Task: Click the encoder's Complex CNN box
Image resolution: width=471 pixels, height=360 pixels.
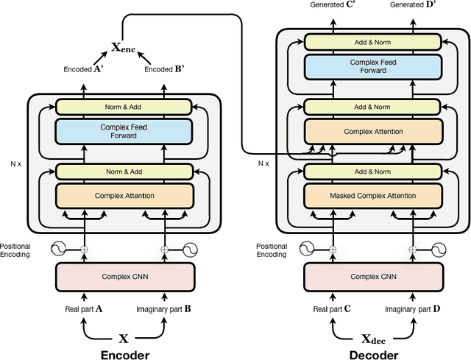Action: click(124, 277)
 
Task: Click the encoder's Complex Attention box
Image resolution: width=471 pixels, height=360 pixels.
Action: click(124, 196)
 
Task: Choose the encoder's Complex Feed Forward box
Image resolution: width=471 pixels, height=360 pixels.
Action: click(124, 132)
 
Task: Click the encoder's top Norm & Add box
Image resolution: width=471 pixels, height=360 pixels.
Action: click(124, 107)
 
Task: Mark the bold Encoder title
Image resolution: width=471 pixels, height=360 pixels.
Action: click(124, 354)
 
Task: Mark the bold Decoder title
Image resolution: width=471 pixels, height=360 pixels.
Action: click(374, 354)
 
